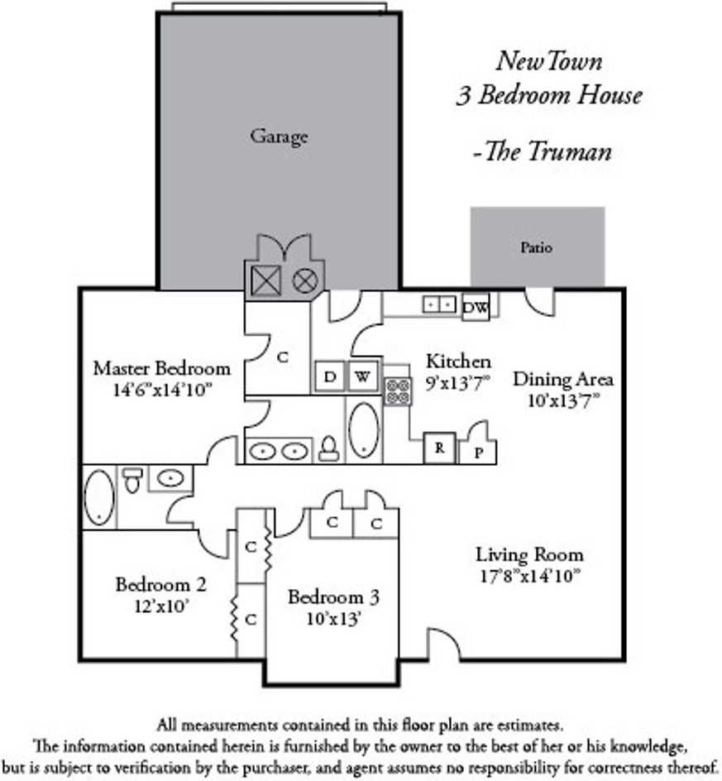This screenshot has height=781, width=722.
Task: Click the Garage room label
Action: (279, 136)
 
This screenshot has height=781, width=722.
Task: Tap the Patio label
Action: (536, 247)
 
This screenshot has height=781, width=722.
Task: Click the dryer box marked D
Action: (330, 377)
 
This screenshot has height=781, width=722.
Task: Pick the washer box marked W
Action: (362, 377)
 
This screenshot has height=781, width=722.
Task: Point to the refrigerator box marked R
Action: (439, 448)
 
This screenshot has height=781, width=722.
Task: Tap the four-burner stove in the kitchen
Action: (399, 391)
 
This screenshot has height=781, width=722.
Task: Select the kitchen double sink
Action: (439, 304)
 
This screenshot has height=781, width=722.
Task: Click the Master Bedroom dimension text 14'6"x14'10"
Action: (161, 389)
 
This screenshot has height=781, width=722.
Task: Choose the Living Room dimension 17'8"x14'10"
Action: (529, 575)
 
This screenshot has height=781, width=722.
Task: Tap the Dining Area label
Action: (563, 380)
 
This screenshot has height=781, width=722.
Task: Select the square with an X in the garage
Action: (266, 281)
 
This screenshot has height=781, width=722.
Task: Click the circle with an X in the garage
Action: (304, 281)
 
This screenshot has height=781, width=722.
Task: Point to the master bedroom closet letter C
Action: (282, 357)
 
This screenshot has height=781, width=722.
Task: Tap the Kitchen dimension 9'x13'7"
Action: (458, 382)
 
